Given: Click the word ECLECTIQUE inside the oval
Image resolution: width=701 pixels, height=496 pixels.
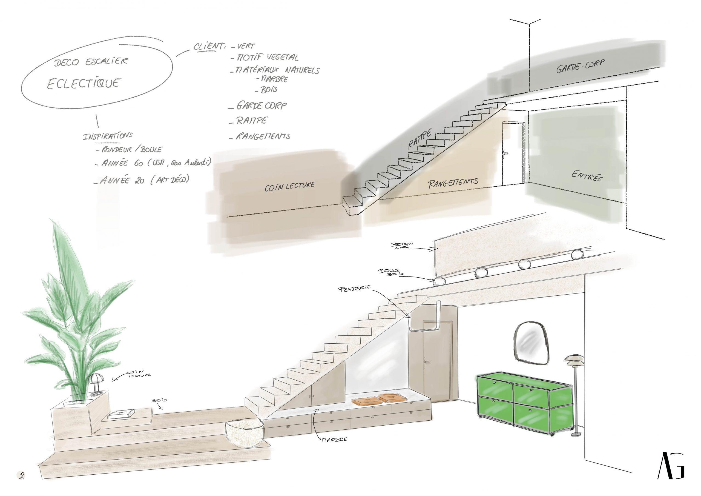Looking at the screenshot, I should pos(84,83).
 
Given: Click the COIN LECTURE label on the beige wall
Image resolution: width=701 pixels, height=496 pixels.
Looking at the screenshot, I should pos(289,186).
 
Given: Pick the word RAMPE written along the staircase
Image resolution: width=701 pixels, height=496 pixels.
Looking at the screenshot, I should pos(420,139).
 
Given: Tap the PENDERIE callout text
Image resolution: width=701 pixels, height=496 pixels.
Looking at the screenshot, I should pos(354,288).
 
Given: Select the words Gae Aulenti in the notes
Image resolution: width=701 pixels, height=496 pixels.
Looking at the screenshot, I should pos(191,163).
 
